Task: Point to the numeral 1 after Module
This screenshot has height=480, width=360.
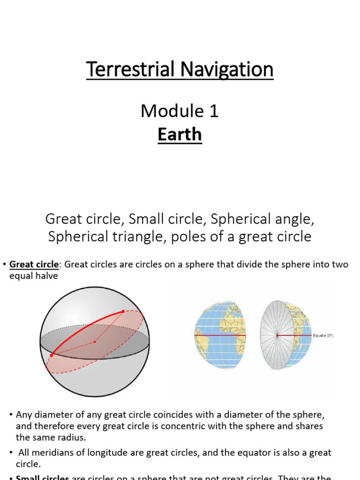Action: coord(213,111)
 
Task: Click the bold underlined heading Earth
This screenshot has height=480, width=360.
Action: coord(180,135)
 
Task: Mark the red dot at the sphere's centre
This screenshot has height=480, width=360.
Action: coord(95,342)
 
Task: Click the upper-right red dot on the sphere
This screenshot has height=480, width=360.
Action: coord(123,311)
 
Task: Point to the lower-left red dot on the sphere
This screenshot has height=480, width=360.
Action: coord(51,355)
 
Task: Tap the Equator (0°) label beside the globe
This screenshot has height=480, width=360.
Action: coord(323,336)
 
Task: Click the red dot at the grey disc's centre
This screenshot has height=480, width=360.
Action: coord(277,335)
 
